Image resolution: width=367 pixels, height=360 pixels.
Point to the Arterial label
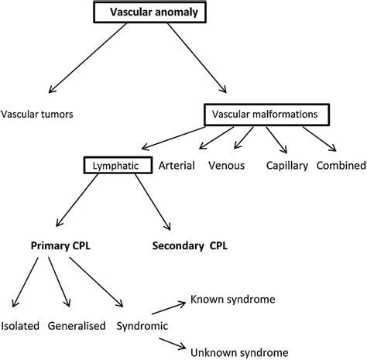coord(177,166)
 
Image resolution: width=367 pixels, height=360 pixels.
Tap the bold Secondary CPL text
coord(190,247)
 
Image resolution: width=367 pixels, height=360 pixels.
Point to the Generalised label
coord(77,327)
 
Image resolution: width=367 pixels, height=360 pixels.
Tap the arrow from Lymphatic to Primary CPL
coord(85,204)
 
